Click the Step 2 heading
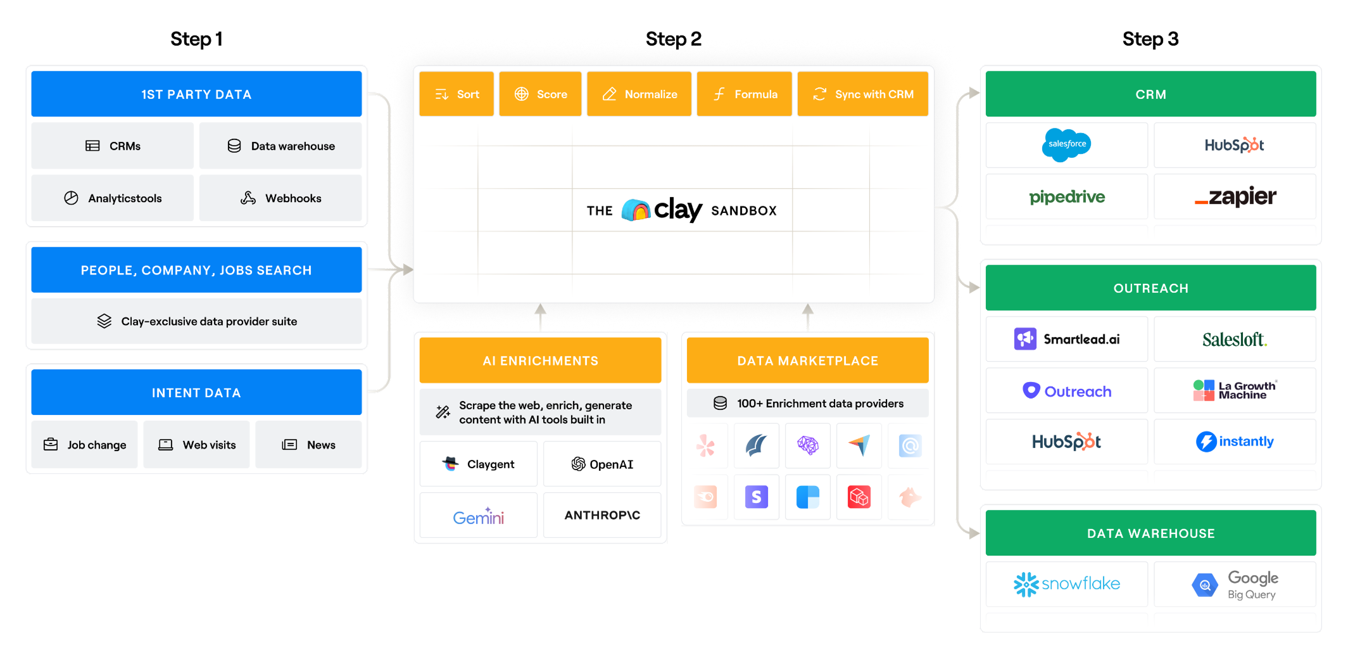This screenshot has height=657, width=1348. (673, 39)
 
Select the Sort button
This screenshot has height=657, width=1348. (457, 94)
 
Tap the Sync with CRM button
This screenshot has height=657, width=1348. (862, 94)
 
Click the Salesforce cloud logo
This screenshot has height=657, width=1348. (1066, 144)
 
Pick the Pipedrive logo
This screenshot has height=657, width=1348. (1067, 197)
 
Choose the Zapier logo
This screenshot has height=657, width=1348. (1235, 197)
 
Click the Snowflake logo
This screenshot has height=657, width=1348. (1067, 584)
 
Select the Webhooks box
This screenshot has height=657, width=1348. (280, 198)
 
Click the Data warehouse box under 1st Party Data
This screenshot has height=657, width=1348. (280, 146)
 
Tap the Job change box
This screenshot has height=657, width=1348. (85, 445)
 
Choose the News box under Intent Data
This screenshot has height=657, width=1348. (308, 445)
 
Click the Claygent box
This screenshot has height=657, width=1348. (478, 464)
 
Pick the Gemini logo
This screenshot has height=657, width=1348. (478, 517)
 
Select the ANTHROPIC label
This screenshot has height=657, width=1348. (602, 516)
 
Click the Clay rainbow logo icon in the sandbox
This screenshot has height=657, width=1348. (636, 210)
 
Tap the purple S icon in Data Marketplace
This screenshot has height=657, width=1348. (756, 497)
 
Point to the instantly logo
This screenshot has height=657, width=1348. (1235, 442)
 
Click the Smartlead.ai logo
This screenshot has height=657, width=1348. (1067, 340)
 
